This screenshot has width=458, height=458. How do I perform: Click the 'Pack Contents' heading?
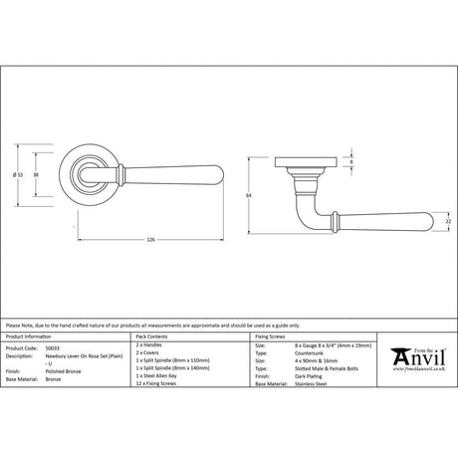pos(156,340)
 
